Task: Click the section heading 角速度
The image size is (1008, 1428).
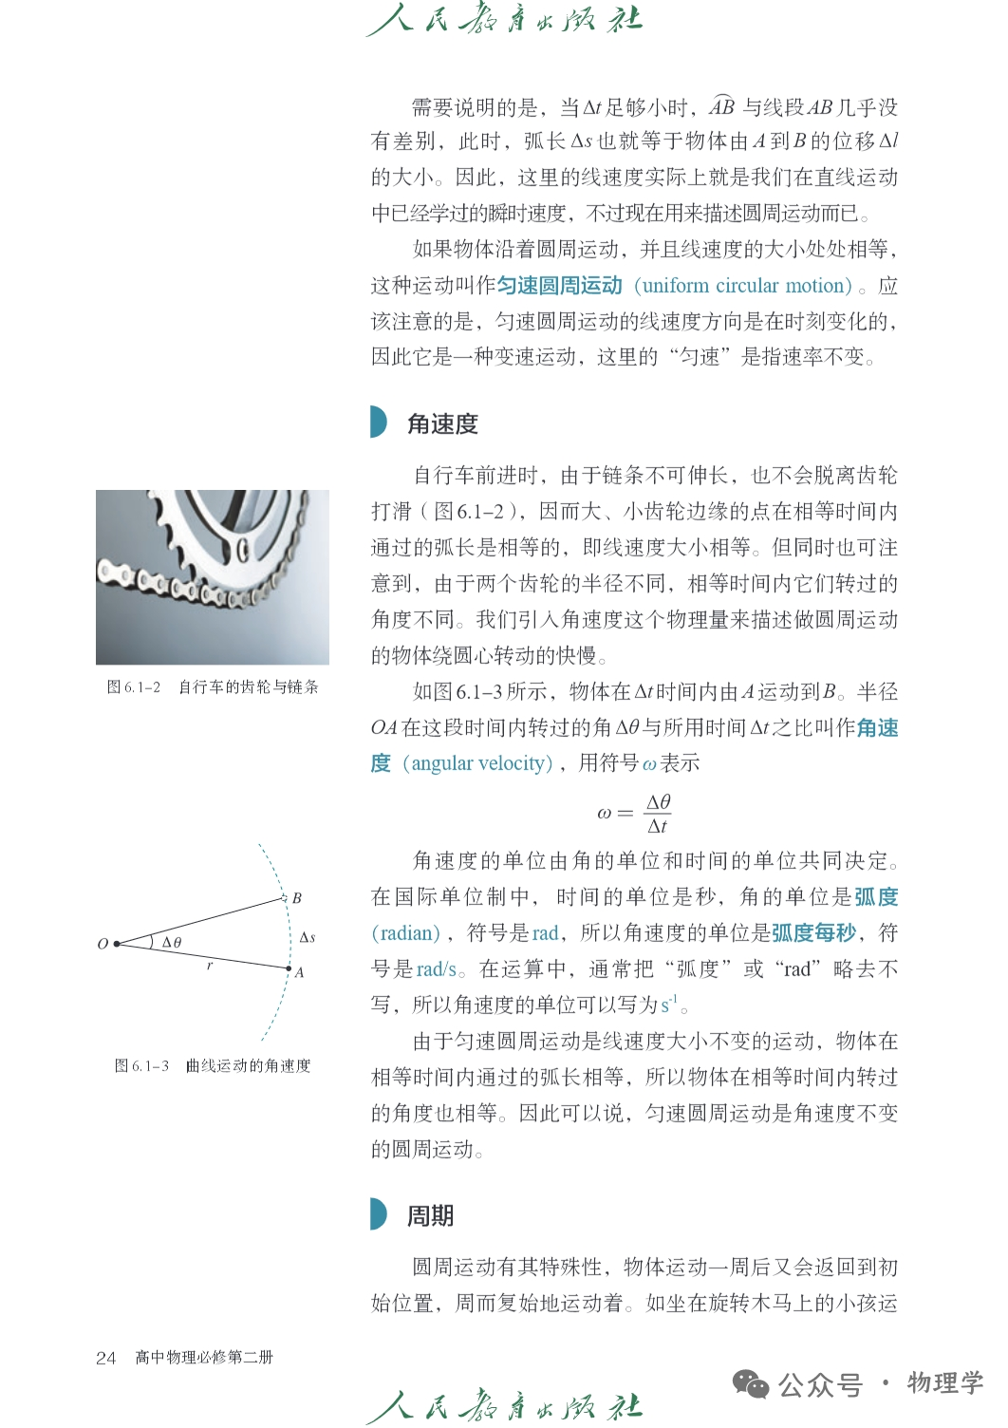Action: click(x=442, y=423)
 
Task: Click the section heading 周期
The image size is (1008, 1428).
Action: click(x=430, y=1215)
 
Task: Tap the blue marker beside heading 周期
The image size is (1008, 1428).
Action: click(x=379, y=1214)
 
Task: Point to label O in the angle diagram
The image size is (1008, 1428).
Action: click(x=103, y=944)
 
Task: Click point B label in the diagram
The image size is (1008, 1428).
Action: click(x=297, y=898)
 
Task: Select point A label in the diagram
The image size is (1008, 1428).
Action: click(x=299, y=972)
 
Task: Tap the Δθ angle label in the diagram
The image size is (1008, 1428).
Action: click(x=172, y=942)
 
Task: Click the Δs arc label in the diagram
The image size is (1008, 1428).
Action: click(x=307, y=937)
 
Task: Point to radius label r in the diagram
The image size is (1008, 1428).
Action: click(x=210, y=965)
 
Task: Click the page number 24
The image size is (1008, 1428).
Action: click(x=105, y=1358)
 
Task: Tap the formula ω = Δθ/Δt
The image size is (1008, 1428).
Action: click(x=634, y=814)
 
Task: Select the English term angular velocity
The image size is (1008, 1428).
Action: click(x=478, y=763)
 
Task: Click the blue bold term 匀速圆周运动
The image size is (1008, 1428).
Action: click(x=559, y=286)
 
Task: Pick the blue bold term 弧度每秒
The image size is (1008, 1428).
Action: click(x=813, y=932)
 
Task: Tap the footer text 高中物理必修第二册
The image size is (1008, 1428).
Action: click(x=204, y=1358)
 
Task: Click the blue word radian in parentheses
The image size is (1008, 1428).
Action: click(x=406, y=933)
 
